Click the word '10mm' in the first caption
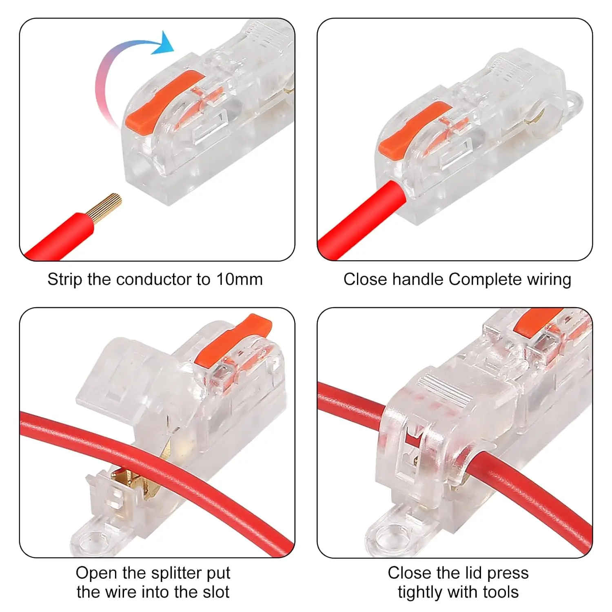[x=239, y=279]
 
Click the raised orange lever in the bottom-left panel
[x=233, y=341]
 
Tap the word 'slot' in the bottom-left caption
[x=216, y=592]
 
